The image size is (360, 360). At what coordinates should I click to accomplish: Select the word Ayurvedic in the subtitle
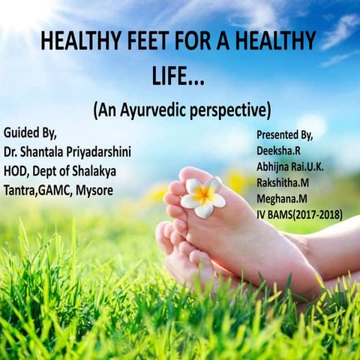[157, 109]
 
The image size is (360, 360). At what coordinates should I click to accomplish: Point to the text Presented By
[292, 136]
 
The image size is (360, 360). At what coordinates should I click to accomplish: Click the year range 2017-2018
[316, 215]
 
